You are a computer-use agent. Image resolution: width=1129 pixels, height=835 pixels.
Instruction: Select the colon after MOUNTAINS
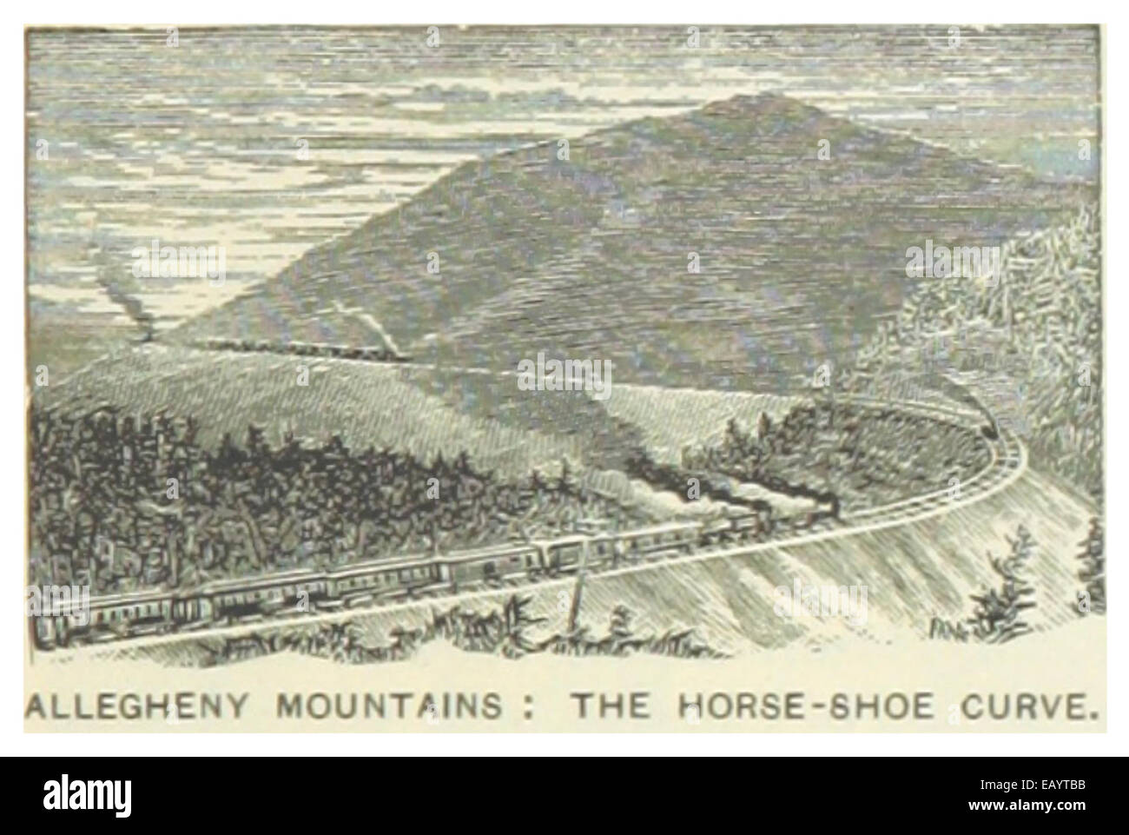pyautogui.click(x=522, y=706)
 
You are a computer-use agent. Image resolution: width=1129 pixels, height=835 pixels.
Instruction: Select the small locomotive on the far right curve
pyautogui.click(x=988, y=427)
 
